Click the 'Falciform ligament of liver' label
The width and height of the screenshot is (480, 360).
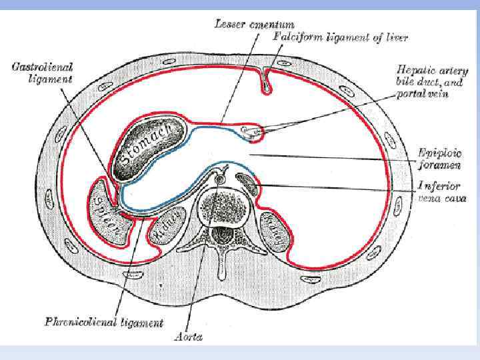click(x=340, y=37)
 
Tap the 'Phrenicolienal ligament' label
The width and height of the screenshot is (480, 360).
click(x=103, y=323)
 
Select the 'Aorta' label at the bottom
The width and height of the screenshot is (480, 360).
click(x=189, y=337)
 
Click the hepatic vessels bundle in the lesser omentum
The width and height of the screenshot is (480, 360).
click(x=251, y=131)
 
